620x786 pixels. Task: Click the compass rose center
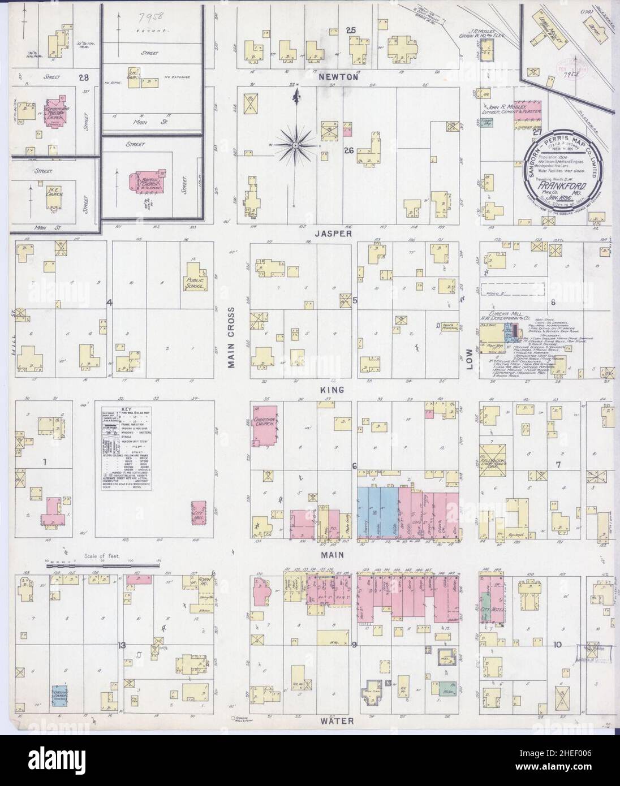[x=295, y=145]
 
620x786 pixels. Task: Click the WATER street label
[x=339, y=721]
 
